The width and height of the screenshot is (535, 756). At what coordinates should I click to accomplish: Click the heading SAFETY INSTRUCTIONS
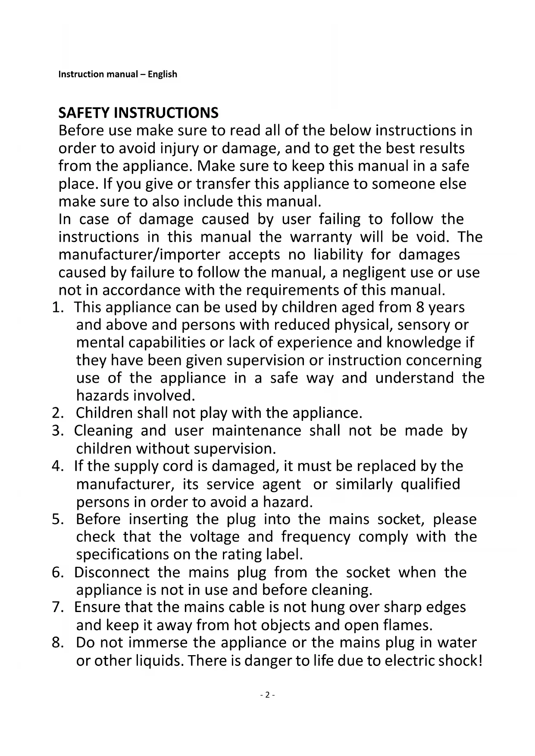coord(138,113)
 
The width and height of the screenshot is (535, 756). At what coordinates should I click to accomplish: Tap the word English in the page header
coord(162,74)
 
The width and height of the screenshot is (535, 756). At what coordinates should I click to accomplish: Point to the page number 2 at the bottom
coord(267,695)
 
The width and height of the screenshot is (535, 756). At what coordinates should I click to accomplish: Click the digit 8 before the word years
coord(420,308)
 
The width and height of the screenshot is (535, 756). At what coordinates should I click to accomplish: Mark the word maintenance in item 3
coord(257,431)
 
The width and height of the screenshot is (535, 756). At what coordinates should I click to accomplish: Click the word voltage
coord(215,537)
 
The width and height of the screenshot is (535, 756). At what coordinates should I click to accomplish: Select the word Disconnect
coord(112,573)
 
